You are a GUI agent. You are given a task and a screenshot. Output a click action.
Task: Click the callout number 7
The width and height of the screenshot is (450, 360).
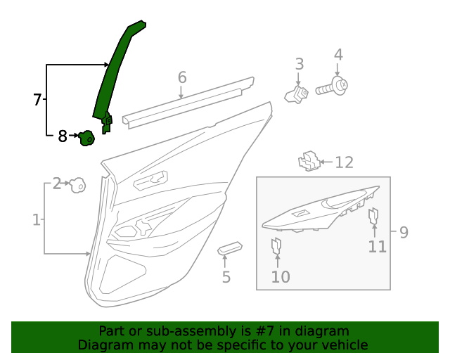(x=37, y=100)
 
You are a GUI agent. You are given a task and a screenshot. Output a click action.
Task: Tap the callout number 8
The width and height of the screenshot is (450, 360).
(x=63, y=136)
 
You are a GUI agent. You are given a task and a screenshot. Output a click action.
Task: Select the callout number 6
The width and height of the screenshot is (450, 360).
(x=182, y=77)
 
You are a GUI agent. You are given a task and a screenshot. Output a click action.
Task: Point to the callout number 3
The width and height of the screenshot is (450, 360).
(x=300, y=65)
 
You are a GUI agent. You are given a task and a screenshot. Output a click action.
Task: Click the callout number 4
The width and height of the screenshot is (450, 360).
(x=338, y=55)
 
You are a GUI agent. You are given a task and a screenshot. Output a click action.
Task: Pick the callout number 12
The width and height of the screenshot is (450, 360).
(x=344, y=163)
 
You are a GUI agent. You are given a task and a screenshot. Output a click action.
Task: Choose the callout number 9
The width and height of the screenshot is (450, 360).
(x=404, y=232)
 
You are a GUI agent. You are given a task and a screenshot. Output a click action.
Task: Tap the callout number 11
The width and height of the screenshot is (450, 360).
(x=378, y=246)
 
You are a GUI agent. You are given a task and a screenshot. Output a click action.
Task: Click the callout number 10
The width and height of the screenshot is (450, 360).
(x=281, y=276)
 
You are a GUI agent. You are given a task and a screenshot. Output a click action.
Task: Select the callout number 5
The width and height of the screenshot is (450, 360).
(x=226, y=277)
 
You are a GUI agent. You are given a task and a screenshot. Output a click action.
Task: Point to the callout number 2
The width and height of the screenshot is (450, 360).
(x=57, y=184)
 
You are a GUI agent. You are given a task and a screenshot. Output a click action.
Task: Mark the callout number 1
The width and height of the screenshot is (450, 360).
(x=37, y=221)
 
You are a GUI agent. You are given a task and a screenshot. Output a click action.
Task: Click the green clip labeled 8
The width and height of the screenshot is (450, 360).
(x=87, y=138)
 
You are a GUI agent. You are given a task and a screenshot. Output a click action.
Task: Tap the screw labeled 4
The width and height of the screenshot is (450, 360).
(x=333, y=89)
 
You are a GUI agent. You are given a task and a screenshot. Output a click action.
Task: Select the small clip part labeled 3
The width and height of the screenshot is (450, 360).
(x=297, y=94)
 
